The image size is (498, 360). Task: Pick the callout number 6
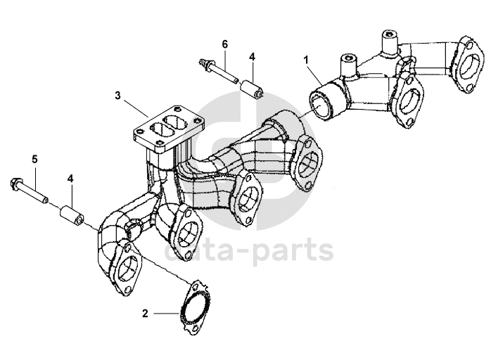(225, 44)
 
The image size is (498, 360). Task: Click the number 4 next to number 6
(251, 56)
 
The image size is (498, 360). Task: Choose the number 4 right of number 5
(70, 179)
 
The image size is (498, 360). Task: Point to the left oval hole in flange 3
(151, 131)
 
